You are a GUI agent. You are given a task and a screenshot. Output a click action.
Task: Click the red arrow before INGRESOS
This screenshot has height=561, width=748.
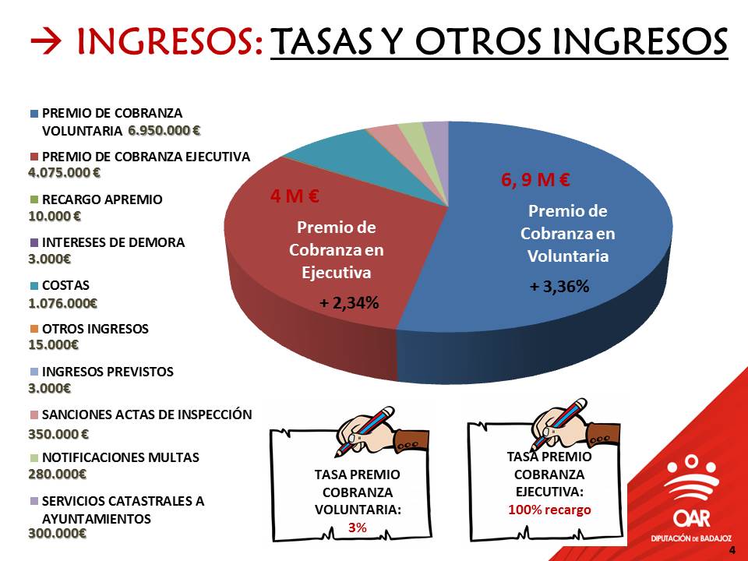click(46, 41)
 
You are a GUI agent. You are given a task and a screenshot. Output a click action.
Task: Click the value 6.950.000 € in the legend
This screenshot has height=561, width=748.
click(164, 130)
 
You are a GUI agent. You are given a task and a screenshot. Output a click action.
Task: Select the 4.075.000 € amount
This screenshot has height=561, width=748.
click(65, 172)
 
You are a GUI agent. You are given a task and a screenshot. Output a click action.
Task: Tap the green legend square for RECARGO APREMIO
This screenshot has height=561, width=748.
click(34, 199)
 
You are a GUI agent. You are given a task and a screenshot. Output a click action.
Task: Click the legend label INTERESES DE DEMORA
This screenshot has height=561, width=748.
click(113, 242)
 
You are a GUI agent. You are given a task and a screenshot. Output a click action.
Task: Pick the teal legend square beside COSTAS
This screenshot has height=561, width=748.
click(34, 286)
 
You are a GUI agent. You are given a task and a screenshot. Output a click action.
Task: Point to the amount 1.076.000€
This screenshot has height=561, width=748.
click(63, 303)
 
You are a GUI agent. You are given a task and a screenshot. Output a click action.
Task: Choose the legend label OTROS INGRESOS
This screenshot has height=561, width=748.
click(95, 329)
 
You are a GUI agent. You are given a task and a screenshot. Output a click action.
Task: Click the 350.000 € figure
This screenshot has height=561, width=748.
click(58, 434)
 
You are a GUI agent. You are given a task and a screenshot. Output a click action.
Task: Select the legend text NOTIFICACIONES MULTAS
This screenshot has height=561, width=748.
click(121, 457)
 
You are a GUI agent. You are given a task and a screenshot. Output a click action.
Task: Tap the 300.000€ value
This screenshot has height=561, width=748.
click(57, 533)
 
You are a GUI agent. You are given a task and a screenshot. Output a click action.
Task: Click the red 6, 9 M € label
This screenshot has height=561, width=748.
click(535, 179)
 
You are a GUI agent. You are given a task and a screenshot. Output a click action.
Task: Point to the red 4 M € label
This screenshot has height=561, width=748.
click(295, 196)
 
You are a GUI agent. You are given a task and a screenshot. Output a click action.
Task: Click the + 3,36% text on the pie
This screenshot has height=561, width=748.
click(559, 286)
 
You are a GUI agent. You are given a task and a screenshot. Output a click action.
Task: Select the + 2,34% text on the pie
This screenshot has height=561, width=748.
click(349, 302)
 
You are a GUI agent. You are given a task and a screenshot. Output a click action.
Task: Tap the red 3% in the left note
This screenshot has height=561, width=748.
click(358, 527)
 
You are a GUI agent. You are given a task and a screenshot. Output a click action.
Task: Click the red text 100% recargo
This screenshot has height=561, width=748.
click(549, 510)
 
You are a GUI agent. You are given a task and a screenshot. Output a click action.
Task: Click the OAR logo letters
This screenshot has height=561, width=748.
click(692, 519)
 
